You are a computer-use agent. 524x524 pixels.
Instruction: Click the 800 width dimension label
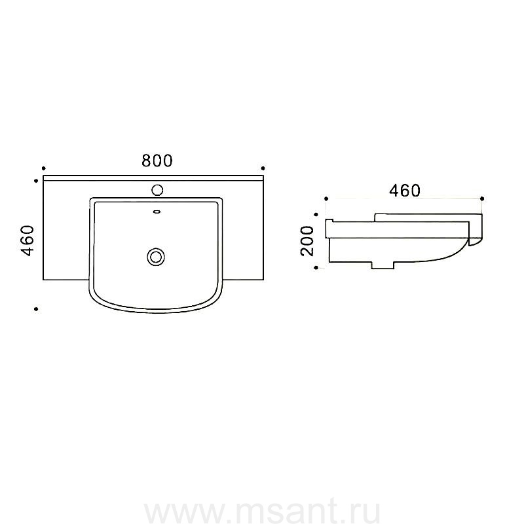coord(157,160)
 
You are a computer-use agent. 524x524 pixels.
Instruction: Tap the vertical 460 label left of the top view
coord(28,240)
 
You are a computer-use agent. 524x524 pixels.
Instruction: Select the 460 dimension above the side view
coord(405,191)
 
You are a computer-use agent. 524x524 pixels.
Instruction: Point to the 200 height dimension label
coord(307,240)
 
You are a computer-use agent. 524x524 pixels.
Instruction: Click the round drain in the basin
coord(156,257)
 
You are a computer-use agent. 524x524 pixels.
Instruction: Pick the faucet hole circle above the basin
coord(157,190)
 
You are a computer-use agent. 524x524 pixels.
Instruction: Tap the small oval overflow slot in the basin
coord(157,212)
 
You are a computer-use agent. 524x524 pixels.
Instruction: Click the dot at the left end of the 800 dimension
coord(43,168)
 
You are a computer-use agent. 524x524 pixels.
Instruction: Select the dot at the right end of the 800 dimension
coord(263,168)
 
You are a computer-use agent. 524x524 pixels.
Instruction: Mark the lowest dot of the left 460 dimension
coord(36,309)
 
